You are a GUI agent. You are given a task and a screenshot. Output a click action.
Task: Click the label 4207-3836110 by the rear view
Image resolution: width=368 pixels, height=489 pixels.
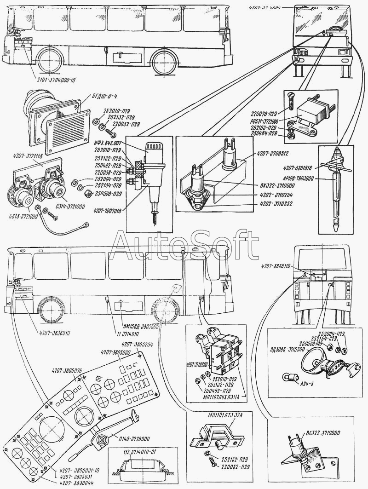click(x=279, y=267)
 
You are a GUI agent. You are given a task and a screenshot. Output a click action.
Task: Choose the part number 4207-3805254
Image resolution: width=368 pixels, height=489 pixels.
click(x=137, y=344)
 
